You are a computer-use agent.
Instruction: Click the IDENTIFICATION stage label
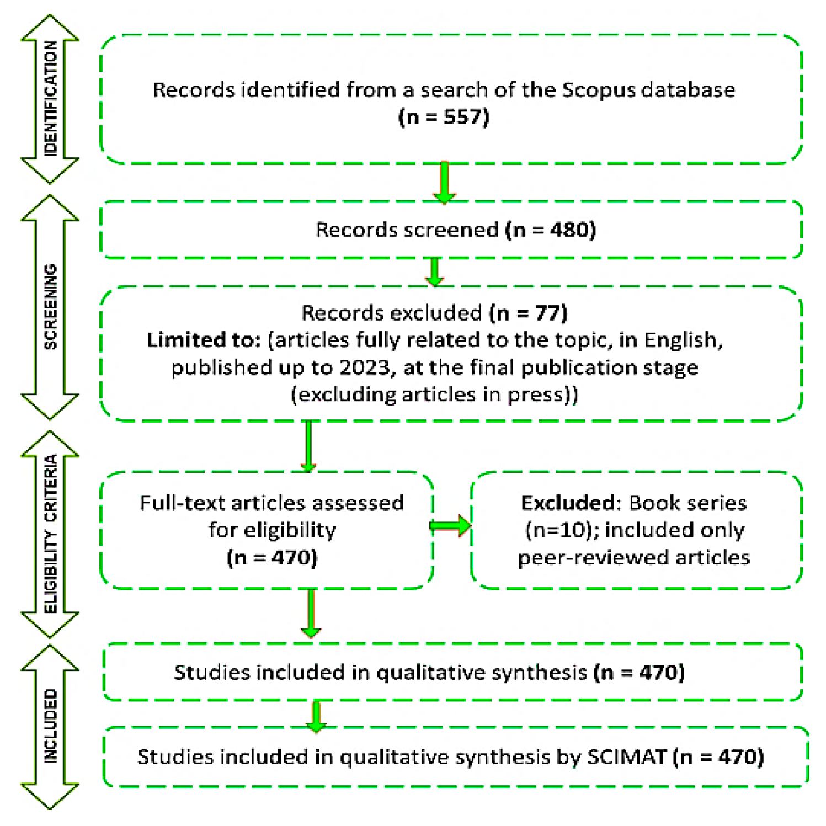pyautogui.click(x=50, y=99)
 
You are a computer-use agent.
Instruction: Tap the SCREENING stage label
pyautogui.click(x=50, y=306)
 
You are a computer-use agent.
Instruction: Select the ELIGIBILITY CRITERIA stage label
pyautogui.click(x=50, y=534)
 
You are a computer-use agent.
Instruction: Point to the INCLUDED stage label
pyautogui.click(x=50, y=726)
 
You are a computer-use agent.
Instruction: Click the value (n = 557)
pyautogui.click(x=444, y=117)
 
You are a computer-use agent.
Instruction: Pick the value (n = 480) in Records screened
pyautogui.click(x=551, y=230)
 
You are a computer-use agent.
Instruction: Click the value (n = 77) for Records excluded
pyautogui.click(x=528, y=313)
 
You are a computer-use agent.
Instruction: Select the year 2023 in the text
pyautogui.click(x=365, y=367)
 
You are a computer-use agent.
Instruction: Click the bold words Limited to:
pyautogui.click(x=204, y=340)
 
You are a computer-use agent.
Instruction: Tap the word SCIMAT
pyautogui.click(x=627, y=756)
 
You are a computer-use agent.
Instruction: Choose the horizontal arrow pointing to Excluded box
pyautogui.click(x=451, y=526)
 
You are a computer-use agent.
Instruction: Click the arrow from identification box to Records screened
pyautogui.click(x=444, y=183)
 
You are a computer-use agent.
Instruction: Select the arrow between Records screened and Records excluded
pyautogui.click(x=435, y=271)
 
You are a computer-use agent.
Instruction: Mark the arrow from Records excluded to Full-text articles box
pyautogui.click(x=308, y=446)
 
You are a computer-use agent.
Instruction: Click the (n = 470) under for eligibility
pyautogui.click(x=272, y=557)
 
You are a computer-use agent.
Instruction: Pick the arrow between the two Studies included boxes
pyautogui.click(x=316, y=716)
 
